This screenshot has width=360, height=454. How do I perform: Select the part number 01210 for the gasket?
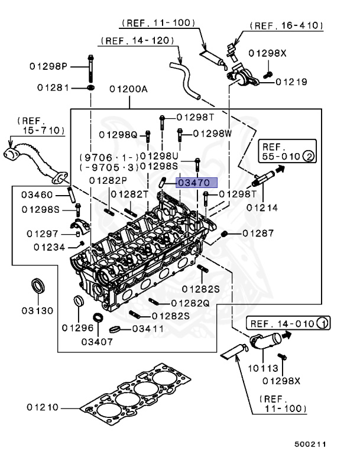coord(43,407)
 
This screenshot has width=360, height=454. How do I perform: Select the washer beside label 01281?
coord(90,87)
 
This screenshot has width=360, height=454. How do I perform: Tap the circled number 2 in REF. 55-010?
coord(308,157)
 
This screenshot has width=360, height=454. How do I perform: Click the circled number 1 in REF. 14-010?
coord(323,323)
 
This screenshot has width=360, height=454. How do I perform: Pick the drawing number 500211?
coord(310,443)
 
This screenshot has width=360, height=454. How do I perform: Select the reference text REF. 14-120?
coord(137,41)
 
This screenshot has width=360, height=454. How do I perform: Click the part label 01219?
coord(291,82)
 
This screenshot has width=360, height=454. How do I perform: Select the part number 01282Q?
coord(190,303)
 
